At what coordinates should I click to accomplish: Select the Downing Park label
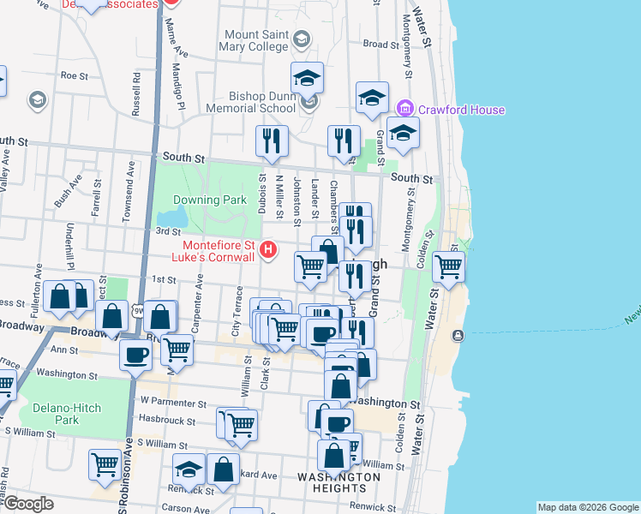(209, 200)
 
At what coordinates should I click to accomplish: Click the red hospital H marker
(268, 250)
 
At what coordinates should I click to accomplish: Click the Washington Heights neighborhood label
(338, 482)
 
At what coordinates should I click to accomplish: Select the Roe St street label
(75, 75)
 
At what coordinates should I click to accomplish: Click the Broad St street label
(376, 44)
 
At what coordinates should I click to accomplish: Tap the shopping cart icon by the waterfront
(449, 266)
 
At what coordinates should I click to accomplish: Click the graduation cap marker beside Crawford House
(403, 133)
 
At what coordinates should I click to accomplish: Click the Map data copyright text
(587, 507)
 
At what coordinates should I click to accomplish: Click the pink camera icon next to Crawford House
(406, 110)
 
